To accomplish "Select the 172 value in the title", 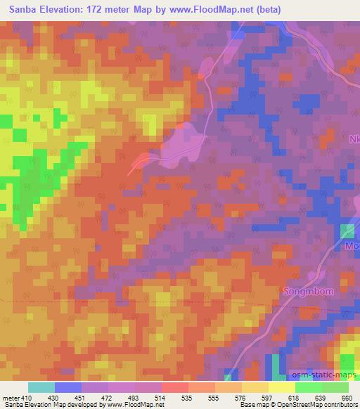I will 108,8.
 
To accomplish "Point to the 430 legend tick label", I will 54,397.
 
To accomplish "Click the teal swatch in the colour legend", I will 41,387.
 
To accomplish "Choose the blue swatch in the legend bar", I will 68,387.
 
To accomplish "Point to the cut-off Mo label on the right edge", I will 352,247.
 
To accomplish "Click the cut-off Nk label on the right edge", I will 354,139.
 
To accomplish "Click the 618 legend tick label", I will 290,397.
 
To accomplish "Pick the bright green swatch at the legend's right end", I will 335,387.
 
